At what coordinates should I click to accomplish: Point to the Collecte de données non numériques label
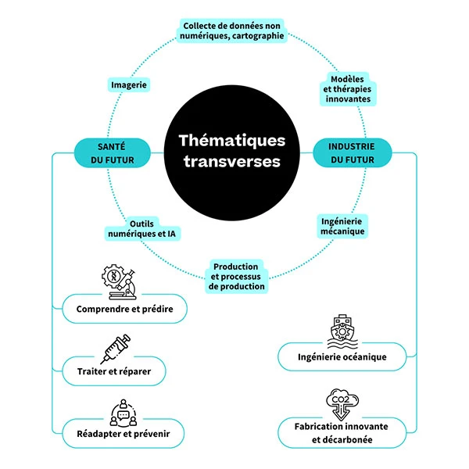point(232,30)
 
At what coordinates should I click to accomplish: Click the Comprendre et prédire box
point(125,310)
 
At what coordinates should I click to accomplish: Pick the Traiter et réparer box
point(114,371)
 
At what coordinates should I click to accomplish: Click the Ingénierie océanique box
point(342,357)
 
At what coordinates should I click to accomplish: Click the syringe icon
point(115,345)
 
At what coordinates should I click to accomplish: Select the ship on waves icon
point(342,328)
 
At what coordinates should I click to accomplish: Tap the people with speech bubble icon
point(120,408)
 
